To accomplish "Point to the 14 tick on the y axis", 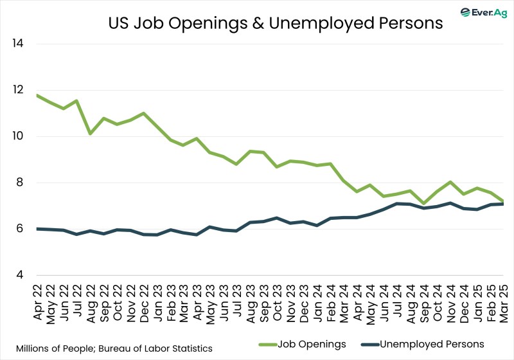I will (x=17, y=44).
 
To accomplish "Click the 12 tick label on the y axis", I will (x=17, y=90).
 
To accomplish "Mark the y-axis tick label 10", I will (x=17, y=136).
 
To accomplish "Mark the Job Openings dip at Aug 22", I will (x=91, y=134).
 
